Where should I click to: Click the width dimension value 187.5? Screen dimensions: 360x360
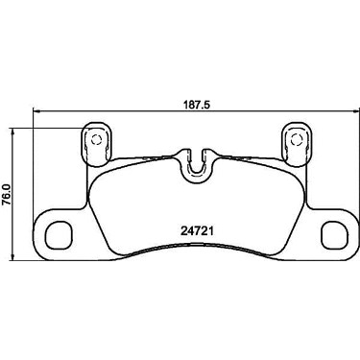197,106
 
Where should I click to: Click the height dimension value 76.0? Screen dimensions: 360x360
6,195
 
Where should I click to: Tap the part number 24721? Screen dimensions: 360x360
197,231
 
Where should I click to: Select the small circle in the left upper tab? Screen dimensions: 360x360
96,139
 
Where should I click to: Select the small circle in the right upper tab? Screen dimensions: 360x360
296,139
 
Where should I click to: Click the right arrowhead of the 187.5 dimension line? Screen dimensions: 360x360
355,111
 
